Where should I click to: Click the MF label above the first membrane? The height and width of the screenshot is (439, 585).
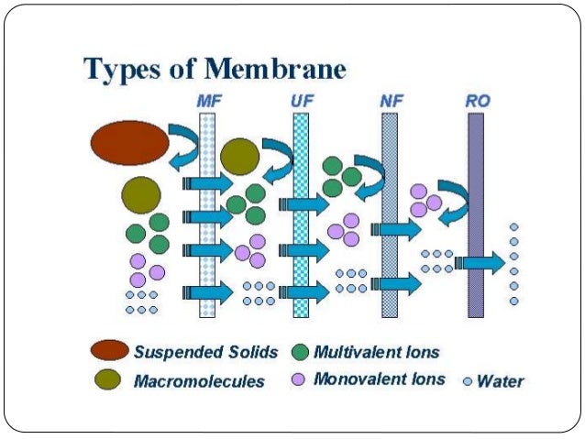pyautogui.click(x=208, y=100)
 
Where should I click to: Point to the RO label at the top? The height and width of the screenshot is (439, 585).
pyautogui.click(x=478, y=100)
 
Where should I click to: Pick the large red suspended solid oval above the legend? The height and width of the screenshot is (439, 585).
pyautogui.click(x=129, y=142)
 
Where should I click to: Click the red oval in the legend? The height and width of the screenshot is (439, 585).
pyautogui.click(x=109, y=351)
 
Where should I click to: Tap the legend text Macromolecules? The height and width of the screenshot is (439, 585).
pyautogui.click(x=199, y=380)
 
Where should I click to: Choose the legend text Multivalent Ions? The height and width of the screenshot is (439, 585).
pyautogui.click(x=376, y=351)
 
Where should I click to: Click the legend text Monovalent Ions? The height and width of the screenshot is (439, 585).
pyautogui.click(x=379, y=379)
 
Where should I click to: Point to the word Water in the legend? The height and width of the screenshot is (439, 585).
pyautogui.click(x=501, y=380)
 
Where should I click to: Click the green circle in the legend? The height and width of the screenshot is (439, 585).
pyautogui.click(x=299, y=352)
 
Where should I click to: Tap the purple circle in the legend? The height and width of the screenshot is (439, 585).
pyautogui.click(x=298, y=379)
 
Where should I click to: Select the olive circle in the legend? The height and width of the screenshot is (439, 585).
pyautogui.click(x=109, y=379)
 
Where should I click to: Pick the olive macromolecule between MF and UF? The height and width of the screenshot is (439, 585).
pyautogui.click(x=239, y=157)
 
